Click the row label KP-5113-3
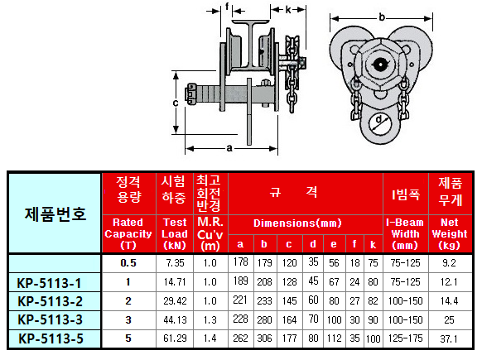pyautogui.click(x=51, y=319)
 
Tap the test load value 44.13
pyautogui.click(x=175, y=320)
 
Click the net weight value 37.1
pyautogui.click(x=449, y=338)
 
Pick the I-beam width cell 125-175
pyautogui.click(x=406, y=338)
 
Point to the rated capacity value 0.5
pyautogui.click(x=128, y=263)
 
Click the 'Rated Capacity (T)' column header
pyautogui.click(x=128, y=233)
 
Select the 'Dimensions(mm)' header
pyautogui.click(x=297, y=223)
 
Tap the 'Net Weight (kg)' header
pyautogui.click(x=450, y=233)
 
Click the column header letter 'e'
pyautogui.click(x=334, y=244)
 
